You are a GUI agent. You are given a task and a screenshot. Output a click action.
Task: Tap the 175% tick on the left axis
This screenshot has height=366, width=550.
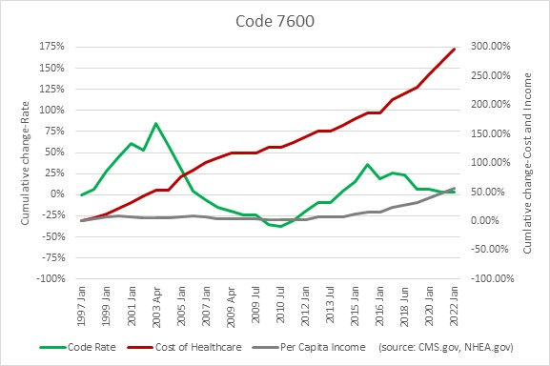tap(52, 46)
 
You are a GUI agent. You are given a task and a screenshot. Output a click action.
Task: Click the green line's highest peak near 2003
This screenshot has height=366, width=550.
tap(155, 123)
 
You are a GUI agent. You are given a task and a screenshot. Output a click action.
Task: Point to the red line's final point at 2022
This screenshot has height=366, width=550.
tap(454, 49)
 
